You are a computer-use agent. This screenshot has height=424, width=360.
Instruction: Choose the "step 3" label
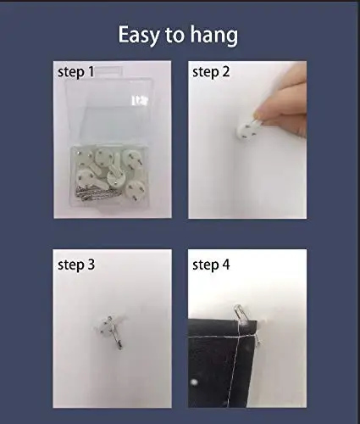pos(76,265)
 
